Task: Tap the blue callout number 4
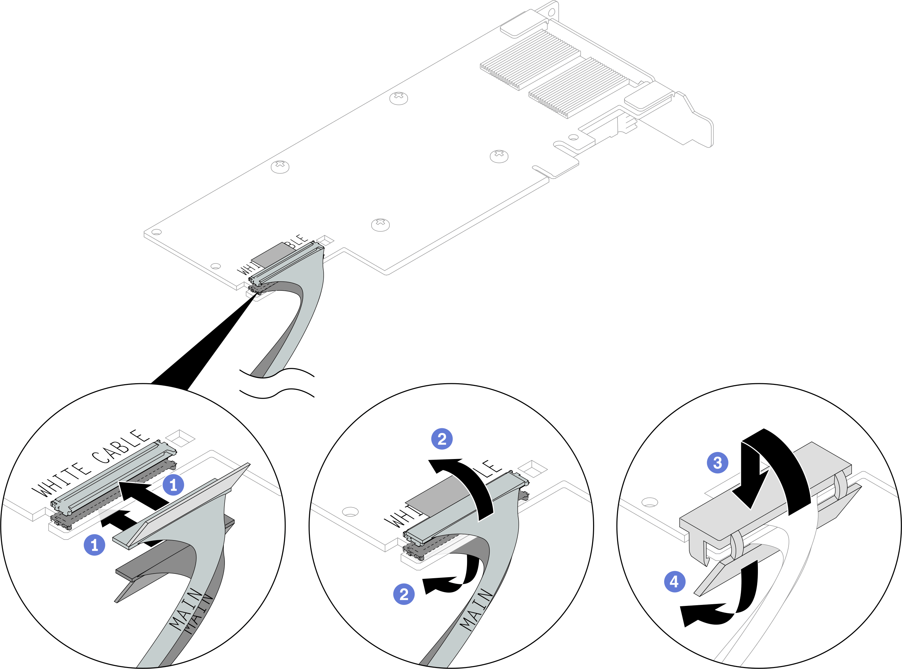click(674, 582)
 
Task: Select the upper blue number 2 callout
click(442, 439)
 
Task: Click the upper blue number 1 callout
click(173, 485)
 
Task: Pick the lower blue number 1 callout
click(94, 545)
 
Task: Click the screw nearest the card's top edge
click(399, 97)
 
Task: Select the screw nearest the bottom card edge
click(380, 224)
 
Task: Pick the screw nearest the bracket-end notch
click(499, 156)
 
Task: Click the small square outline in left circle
click(180, 438)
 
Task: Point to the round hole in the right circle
click(649, 502)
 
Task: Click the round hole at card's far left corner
click(156, 232)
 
